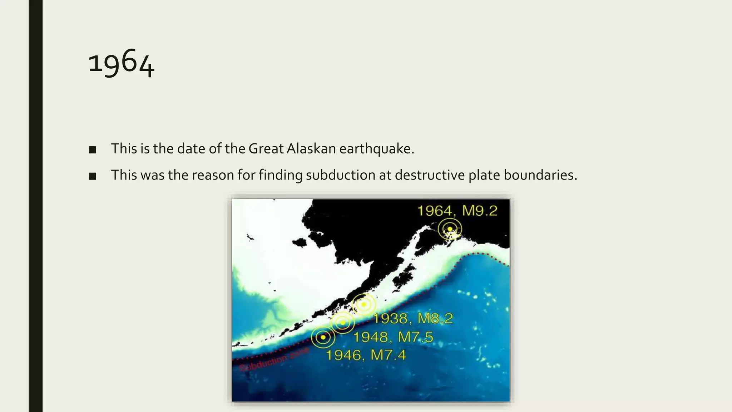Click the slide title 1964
click(x=121, y=63)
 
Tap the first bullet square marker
click(x=93, y=150)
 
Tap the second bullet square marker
click(x=93, y=176)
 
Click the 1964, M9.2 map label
click(x=457, y=211)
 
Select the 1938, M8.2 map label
click(x=413, y=318)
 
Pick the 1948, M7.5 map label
click(x=393, y=337)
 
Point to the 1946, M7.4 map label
click(x=366, y=355)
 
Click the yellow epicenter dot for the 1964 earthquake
click(x=450, y=229)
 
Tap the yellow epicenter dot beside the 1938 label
click(x=364, y=304)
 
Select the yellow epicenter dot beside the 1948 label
click(x=343, y=323)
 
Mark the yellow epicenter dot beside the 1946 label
click(x=323, y=337)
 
